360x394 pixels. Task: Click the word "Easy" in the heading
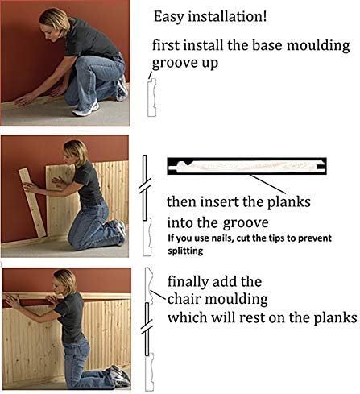168,16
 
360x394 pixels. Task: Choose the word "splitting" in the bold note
188,251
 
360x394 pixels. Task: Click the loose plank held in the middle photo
33,201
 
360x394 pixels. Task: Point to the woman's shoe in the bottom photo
120,375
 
